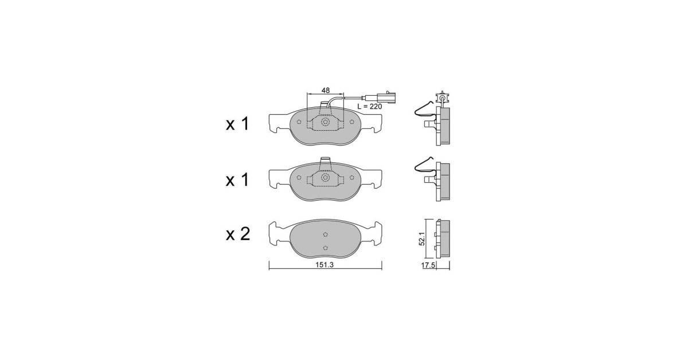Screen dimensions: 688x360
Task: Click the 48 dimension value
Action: (x=326, y=91)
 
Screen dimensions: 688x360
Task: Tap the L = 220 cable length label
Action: (x=370, y=107)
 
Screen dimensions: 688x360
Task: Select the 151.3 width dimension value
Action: (x=325, y=265)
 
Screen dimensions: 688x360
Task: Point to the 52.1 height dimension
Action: (x=422, y=238)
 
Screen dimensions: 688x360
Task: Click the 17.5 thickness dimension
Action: (x=428, y=265)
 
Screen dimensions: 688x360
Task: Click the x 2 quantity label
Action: (x=238, y=234)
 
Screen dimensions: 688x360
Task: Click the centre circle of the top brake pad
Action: (x=325, y=122)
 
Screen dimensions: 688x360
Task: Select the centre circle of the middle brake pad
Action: (x=325, y=178)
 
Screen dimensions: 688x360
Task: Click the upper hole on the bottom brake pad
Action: (x=326, y=234)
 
